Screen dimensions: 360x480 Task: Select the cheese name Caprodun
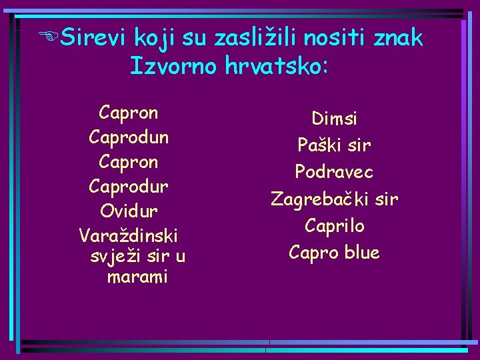tap(129, 137)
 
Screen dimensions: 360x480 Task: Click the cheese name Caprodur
tap(129, 187)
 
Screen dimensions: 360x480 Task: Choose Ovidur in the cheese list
tap(129, 211)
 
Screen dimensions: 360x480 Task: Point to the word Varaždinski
tap(129, 235)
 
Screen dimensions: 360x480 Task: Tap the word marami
tap(137, 276)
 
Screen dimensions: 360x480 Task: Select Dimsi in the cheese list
tap(334, 119)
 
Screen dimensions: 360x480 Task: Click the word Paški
tap(317, 145)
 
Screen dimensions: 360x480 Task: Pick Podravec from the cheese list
tap(334, 172)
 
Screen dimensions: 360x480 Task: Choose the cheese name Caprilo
tap(334, 226)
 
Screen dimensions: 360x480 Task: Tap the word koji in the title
tap(154, 39)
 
